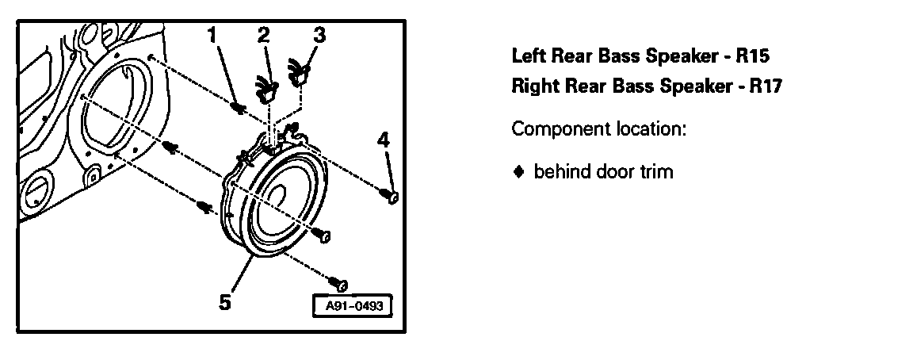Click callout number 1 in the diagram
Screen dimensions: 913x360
pyautogui.click(x=212, y=34)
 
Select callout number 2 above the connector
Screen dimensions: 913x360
pyautogui.click(x=263, y=34)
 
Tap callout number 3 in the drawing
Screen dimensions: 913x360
pyautogui.click(x=318, y=34)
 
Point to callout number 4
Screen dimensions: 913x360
pyautogui.click(x=384, y=140)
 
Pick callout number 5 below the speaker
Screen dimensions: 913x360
pyautogui.click(x=224, y=301)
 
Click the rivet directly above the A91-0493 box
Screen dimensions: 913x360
pyautogui.click(x=342, y=281)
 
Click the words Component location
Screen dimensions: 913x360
pyautogui.click(x=598, y=128)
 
